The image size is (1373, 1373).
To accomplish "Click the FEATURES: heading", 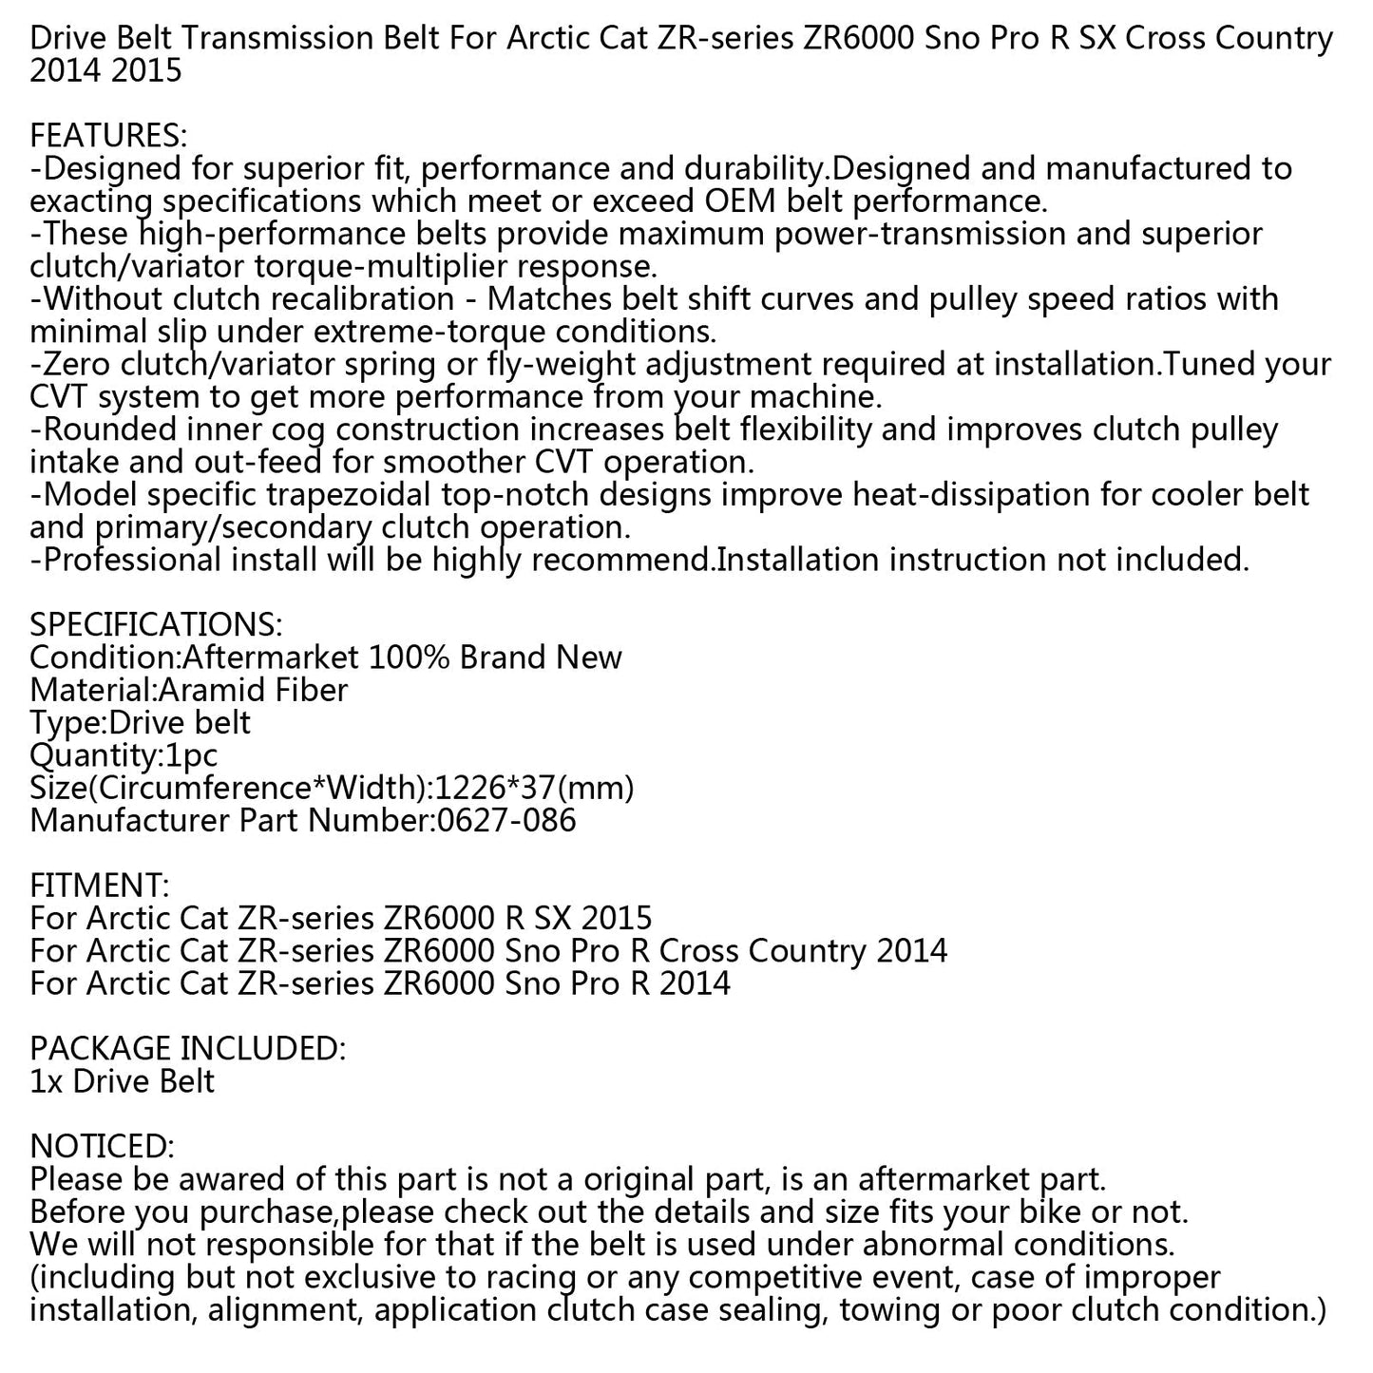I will [x=108, y=136].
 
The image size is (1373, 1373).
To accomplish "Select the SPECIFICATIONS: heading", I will [x=156, y=625].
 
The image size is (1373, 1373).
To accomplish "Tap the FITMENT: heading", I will [x=100, y=886].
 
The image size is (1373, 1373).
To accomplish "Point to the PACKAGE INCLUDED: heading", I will [x=187, y=1049].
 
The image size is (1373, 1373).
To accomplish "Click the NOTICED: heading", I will [x=102, y=1147].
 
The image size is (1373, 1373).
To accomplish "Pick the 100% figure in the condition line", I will [x=395, y=658].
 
